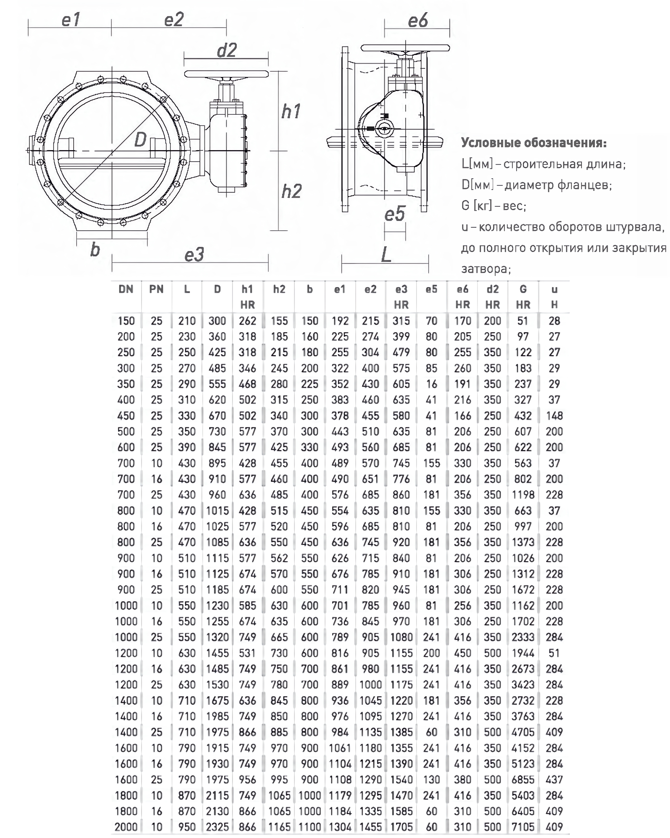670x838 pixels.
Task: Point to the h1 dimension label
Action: coord(291,112)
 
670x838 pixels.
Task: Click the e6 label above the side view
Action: coord(417,20)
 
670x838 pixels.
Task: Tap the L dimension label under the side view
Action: coord(386,255)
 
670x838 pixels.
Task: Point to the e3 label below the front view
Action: coord(194,255)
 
